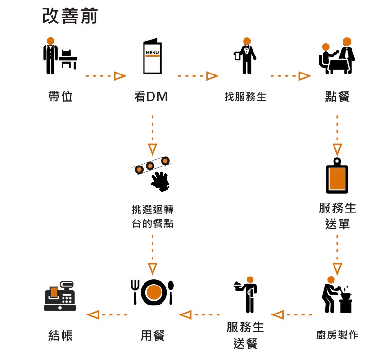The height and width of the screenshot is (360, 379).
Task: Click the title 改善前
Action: pos(70,16)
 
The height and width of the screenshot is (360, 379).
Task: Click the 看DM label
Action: pos(151,97)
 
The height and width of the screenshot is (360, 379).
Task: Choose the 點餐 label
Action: pos(337,97)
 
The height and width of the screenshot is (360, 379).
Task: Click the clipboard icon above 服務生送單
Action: pos(337,175)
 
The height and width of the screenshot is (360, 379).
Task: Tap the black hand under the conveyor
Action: pos(160,181)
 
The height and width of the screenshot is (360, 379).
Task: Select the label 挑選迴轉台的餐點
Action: pos(153,216)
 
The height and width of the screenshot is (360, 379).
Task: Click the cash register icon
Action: pos(60,296)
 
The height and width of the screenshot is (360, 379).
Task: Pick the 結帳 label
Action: pos(60,335)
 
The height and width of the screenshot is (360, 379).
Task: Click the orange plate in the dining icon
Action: pos(153,292)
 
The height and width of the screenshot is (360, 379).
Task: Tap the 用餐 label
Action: pos(153,335)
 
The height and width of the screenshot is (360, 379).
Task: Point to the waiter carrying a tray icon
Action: pos(246,294)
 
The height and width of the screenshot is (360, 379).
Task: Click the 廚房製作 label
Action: pos(337,335)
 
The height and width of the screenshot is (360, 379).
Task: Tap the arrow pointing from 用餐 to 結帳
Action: pos(107,314)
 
